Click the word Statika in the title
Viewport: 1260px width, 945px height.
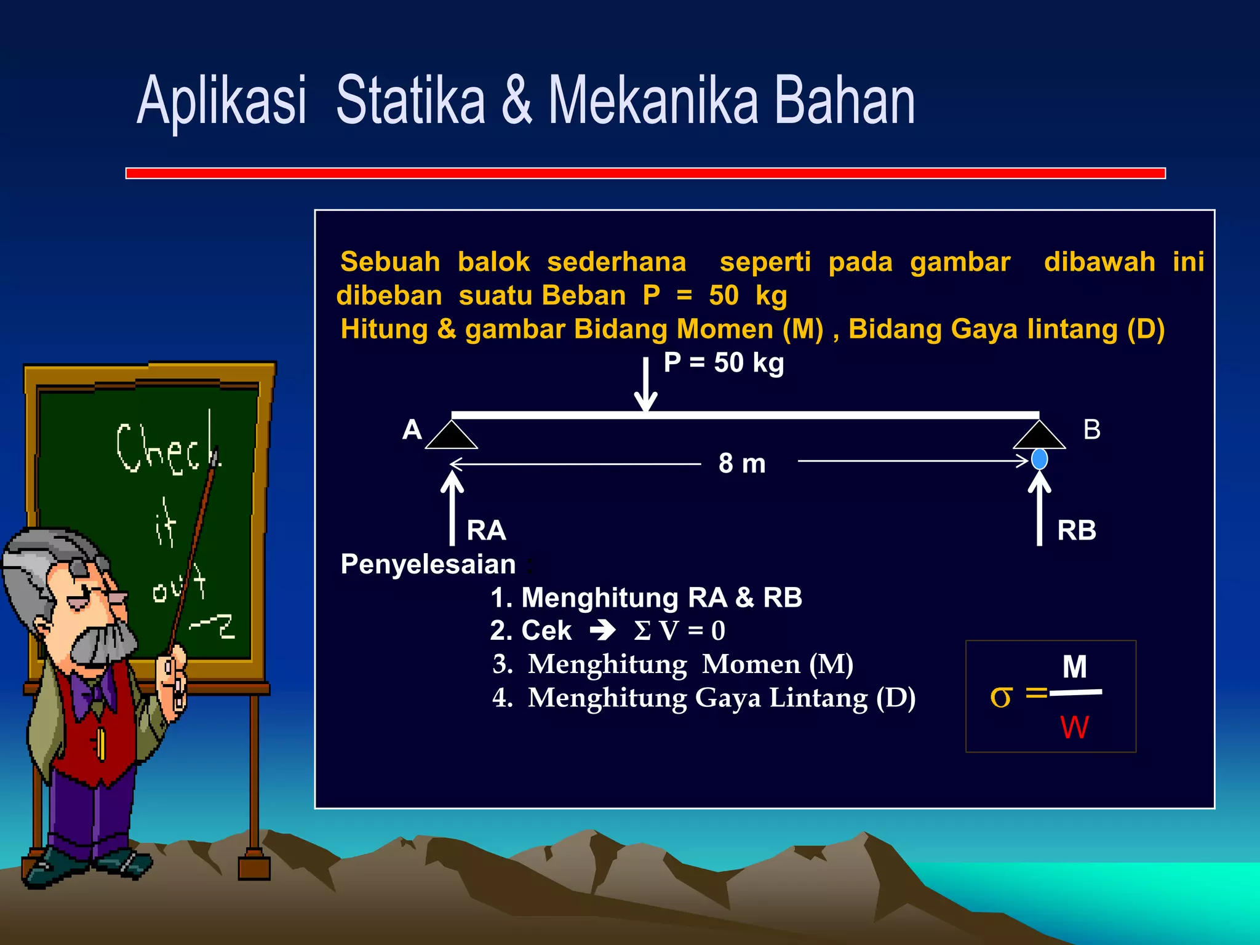click(410, 100)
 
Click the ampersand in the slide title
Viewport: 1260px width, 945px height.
click(516, 100)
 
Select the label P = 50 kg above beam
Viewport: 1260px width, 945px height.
click(724, 363)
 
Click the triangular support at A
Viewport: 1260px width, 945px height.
click(452, 436)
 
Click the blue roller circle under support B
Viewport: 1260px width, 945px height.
click(1039, 459)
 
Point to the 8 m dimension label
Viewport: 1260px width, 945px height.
click(742, 463)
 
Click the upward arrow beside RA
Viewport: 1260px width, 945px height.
click(452, 508)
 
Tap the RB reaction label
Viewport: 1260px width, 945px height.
click(1076, 530)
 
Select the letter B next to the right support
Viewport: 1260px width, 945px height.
click(1091, 429)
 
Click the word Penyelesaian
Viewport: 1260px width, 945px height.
click(428, 564)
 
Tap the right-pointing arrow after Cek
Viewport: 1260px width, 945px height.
click(602, 630)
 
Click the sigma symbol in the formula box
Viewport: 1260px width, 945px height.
click(1000, 696)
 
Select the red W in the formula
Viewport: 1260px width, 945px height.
click(1074, 728)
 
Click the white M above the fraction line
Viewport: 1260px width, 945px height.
click(1074, 667)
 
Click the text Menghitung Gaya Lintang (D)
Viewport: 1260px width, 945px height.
click(721, 698)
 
